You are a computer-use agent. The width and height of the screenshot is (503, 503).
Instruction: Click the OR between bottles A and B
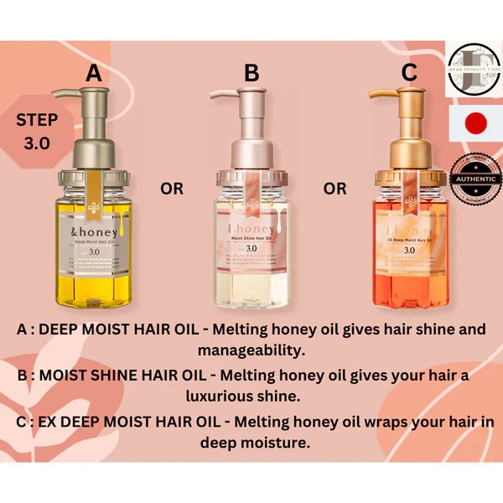172,189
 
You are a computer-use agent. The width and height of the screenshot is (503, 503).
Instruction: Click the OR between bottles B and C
334,189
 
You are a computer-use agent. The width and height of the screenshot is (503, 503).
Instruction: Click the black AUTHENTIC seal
475,178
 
